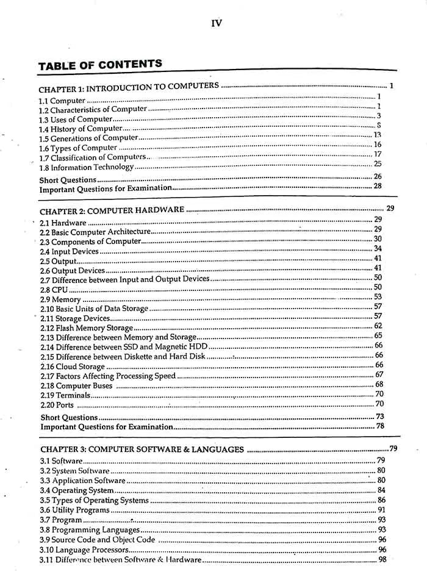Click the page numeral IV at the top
tap(216, 24)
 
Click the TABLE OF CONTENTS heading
tap(100, 65)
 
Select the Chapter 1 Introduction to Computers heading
tap(129, 87)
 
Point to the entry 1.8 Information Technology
tap(86, 167)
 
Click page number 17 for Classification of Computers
tap(378, 154)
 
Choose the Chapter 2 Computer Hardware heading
tap(112, 210)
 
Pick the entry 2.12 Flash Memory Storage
tap(86, 328)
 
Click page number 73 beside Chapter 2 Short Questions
tap(379, 416)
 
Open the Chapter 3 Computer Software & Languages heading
tap(142, 450)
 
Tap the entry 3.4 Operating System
tap(77, 490)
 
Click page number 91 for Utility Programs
tap(382, 509)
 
